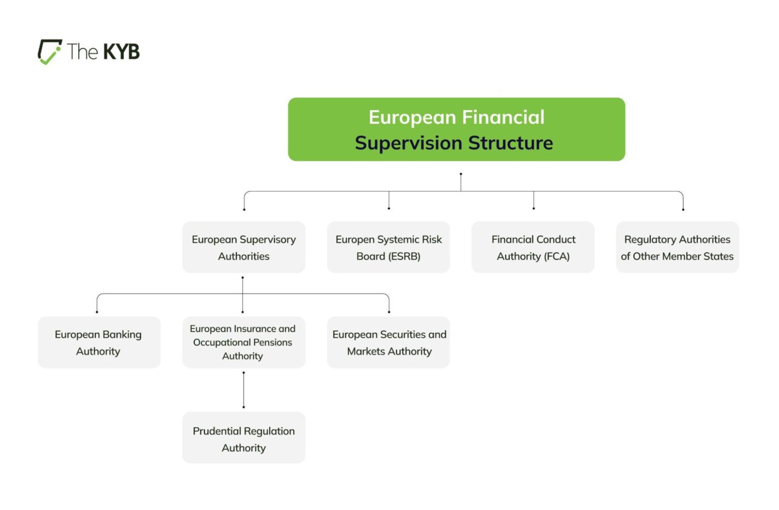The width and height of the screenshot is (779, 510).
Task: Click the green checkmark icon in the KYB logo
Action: (x=50, y=53)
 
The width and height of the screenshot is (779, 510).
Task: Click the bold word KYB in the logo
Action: (x=121, y=52)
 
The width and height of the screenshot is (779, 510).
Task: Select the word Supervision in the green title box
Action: (x=409, y=143)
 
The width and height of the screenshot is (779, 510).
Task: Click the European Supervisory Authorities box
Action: (x=243, y=247)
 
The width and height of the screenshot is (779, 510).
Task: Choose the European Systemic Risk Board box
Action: (x=388, y=247)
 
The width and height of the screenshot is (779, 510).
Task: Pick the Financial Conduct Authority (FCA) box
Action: (x=533, y=247)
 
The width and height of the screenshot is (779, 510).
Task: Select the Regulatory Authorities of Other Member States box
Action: (x=677, y=247)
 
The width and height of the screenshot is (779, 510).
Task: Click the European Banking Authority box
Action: (x=99, y=342)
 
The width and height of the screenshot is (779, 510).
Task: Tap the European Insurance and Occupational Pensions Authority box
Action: (x=243, y=342)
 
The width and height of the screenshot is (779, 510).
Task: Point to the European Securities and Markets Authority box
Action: (x=388, y=342)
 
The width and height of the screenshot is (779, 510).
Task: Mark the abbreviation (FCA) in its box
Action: (x=557, y=256)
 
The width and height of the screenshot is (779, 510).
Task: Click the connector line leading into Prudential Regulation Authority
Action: (x=243, y=390)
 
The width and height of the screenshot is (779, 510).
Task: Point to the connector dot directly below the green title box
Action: (x=461, y=174)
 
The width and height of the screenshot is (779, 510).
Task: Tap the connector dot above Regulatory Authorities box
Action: (x=683, y=209)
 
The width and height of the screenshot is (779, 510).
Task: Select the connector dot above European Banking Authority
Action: (x=97, y=311)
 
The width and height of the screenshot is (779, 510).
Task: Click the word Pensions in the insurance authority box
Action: (x=273, y=342)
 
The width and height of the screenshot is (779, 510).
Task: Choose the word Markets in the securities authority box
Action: (x=366, y=351)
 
